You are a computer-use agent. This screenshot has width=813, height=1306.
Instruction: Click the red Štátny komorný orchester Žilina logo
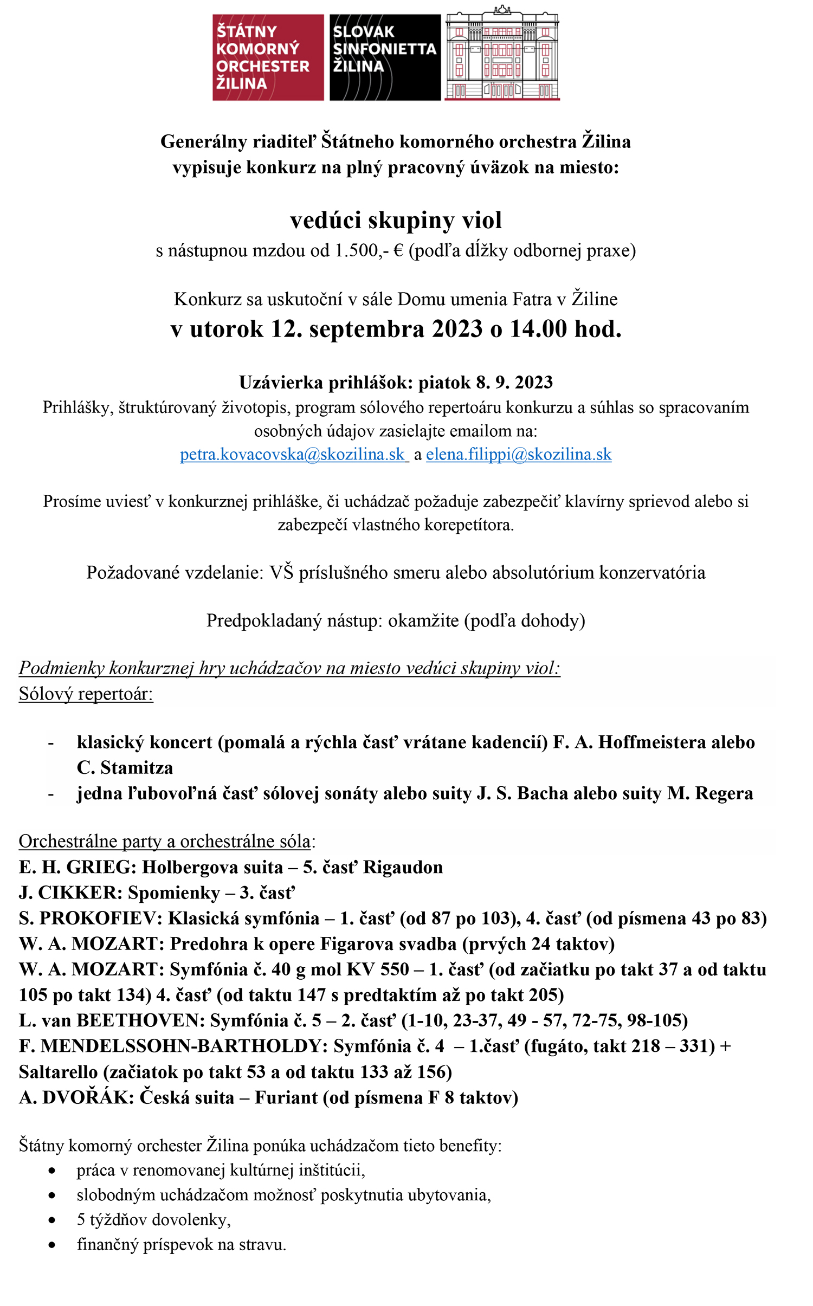(268, 57)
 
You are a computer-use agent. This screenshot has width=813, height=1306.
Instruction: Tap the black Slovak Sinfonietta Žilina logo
(385, 57)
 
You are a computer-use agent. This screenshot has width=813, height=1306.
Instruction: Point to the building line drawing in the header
(502, 54)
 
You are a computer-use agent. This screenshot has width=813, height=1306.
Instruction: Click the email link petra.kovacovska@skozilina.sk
(293, 454)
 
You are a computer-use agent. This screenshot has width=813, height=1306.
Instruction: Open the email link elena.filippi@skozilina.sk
(519, 454)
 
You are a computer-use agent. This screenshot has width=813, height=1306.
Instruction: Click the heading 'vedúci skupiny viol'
(396, 220)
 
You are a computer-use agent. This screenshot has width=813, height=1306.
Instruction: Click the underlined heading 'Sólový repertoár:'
(86, 694)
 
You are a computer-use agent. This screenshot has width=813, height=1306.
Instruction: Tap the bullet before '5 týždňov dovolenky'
(51, 1220)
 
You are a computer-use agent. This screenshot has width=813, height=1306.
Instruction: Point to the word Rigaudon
(403, 867)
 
